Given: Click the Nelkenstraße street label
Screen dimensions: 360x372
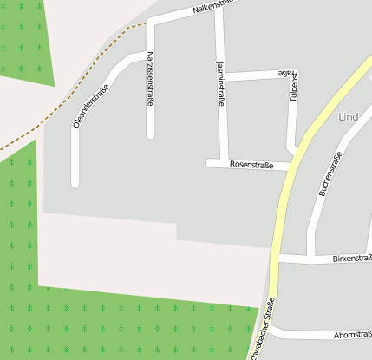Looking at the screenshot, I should click(x=213, y=8).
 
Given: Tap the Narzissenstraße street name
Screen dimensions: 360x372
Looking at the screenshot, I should click(x=151, y=79).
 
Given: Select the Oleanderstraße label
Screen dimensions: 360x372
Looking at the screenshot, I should click(x=90, y=105).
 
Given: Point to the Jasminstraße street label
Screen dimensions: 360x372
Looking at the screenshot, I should click(x=221, y=84).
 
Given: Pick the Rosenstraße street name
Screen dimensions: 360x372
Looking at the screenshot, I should click(x=251, y=164).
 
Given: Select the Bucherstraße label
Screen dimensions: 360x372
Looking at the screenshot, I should click(x=331, y=173).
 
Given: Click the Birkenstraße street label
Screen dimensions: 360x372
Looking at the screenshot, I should click(x=351, y=259).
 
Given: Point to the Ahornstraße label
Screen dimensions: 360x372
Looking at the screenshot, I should click(x=351, y=334).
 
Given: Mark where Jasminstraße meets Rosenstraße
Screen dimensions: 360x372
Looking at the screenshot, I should click(x=224, y=163).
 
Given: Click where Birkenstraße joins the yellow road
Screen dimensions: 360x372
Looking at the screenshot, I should click(x=276, y=259).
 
